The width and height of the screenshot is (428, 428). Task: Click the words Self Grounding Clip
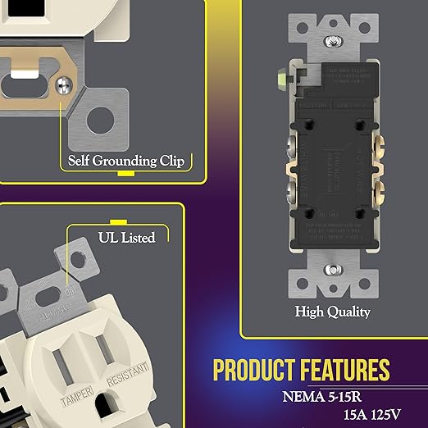124,159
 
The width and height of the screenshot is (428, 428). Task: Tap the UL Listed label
118,238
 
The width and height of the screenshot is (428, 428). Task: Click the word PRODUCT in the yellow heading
253,371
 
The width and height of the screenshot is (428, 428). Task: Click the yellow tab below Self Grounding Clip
125,174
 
